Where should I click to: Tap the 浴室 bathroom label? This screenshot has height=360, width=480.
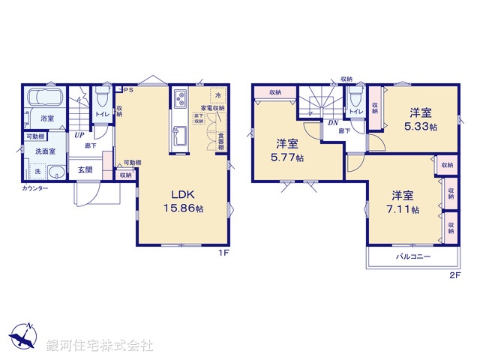[47, 118]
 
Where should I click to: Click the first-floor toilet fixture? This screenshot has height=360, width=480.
[103, 98]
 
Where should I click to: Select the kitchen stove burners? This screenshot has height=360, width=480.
[181, 99]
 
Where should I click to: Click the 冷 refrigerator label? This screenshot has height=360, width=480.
[217, 96]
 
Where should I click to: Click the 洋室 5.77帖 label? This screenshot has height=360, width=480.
[287, 150]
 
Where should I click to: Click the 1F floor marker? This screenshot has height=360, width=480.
[223, 253]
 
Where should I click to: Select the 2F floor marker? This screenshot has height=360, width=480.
[454, 275]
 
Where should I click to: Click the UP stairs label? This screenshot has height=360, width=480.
[78, 136]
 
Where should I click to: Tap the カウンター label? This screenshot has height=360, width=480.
[34, 187]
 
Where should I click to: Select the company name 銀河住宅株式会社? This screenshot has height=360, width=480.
[100, 346]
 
